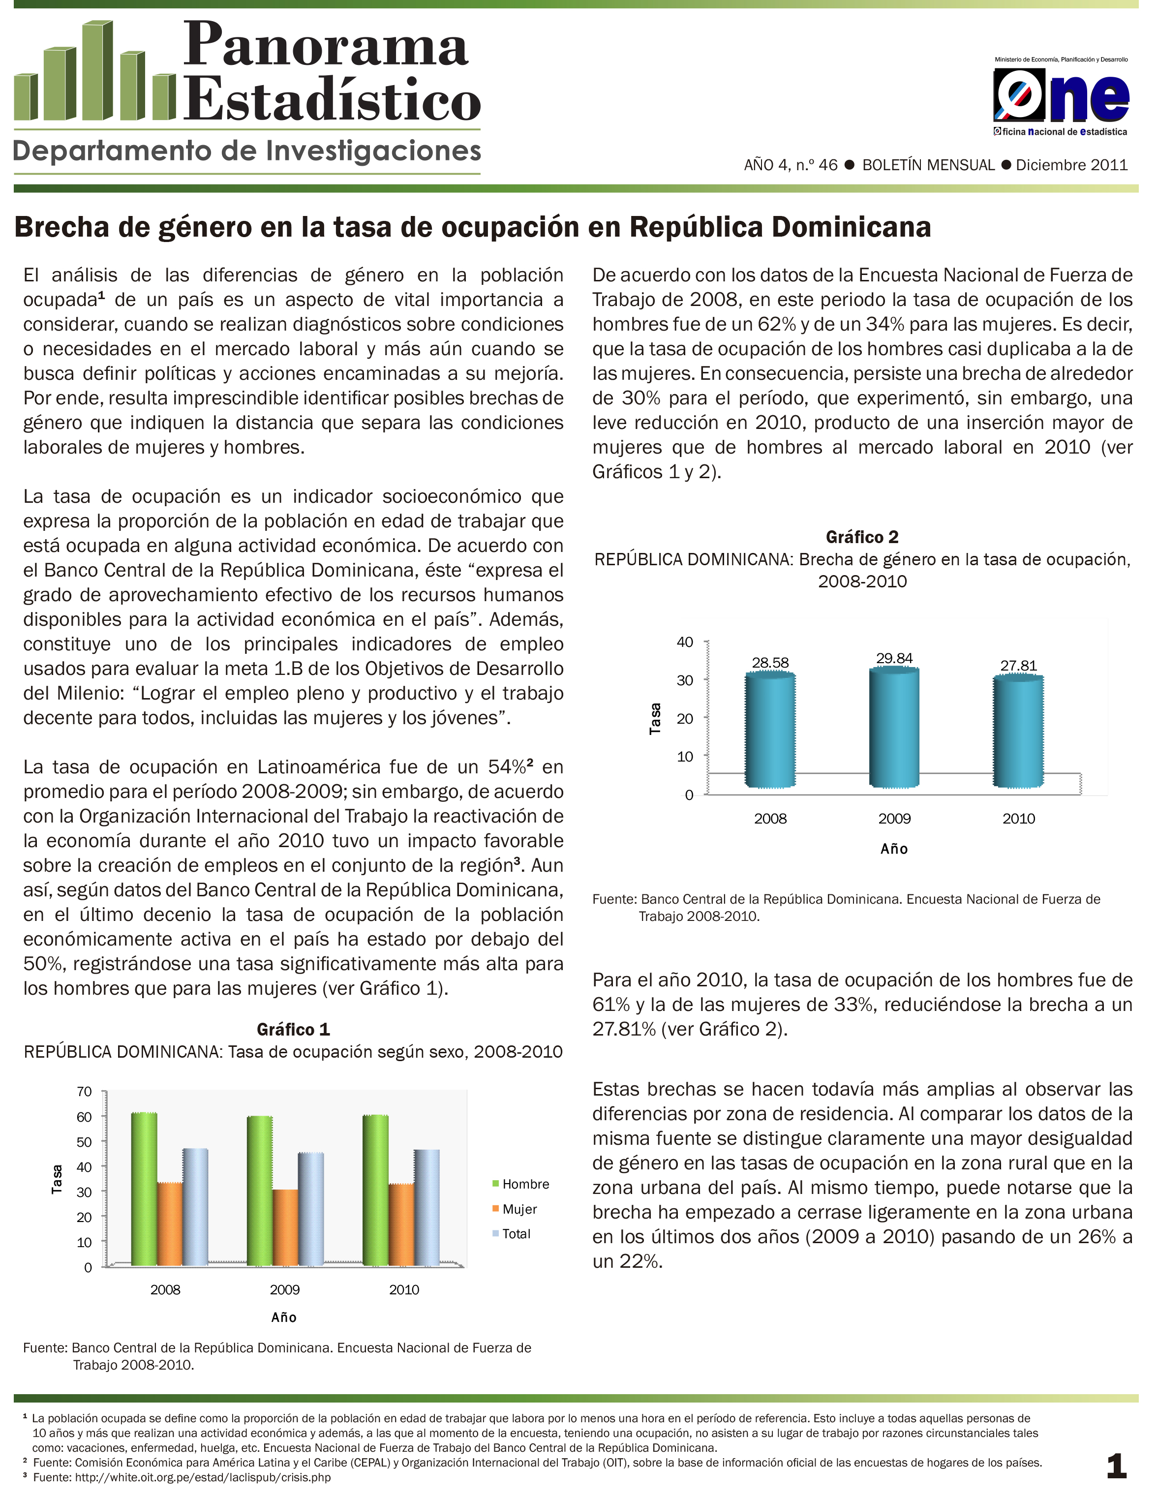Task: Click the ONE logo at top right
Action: click(x=1060, y=97)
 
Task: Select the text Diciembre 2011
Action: click(x=1071, y=165)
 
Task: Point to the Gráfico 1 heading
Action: click(x=294, y=1030)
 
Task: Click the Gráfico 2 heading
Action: click(x=862, y=537)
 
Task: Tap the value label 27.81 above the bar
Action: click(x=1018, y=666)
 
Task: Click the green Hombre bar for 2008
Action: click(x=144, y=1189)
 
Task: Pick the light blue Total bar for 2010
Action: click(x=427, y=1208)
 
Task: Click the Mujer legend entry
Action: click(x=519, y=1209)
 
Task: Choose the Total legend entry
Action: click(x=516, y=1234)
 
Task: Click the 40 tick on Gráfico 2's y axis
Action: click(x=685, y=642)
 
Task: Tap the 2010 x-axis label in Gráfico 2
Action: click(x=1018, y=819)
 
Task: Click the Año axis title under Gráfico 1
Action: click(x=284, y=1317)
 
